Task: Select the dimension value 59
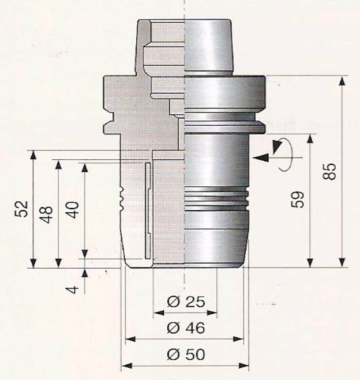297,199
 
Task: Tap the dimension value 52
22,209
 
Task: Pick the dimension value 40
72,210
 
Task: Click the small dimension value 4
72,290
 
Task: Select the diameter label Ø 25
186,302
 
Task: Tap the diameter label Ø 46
186,327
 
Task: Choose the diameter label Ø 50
186,354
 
